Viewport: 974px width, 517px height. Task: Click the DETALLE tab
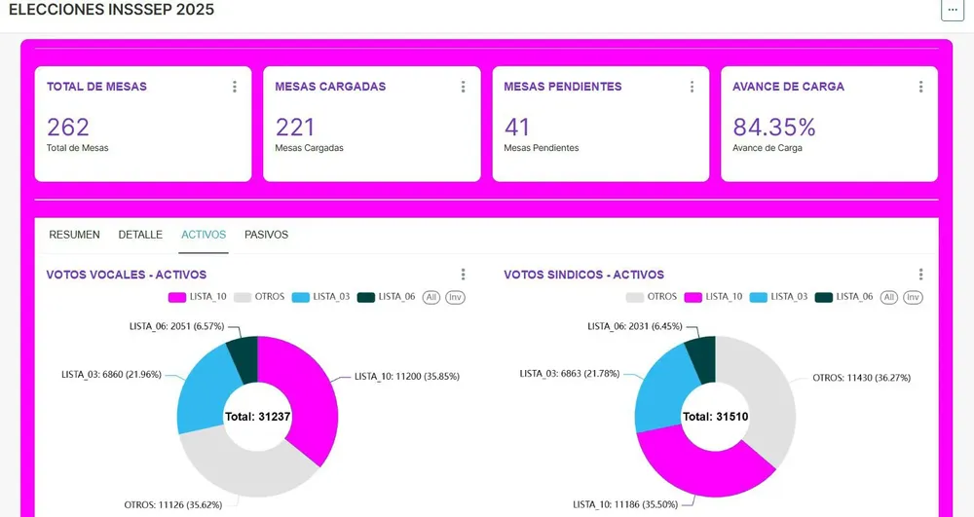[140, 235]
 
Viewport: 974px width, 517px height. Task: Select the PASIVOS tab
[266, 235]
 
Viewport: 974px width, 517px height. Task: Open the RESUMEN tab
[74, 235]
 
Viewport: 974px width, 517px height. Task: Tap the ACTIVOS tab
[204, 235]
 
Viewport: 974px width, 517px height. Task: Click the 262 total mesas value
[68, 127]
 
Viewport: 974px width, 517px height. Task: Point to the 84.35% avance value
[773, 127]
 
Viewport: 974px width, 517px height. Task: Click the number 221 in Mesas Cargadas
[295, 127]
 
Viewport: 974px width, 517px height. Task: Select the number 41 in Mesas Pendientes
[517, 127]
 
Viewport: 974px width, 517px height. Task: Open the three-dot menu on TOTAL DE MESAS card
[235, 87]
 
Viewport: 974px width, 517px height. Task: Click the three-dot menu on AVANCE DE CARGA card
[920, 87]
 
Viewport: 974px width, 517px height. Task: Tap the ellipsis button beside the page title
[952, 10]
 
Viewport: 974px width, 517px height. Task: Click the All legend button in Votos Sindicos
[888, 297]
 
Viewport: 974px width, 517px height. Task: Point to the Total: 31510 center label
[716, 416]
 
